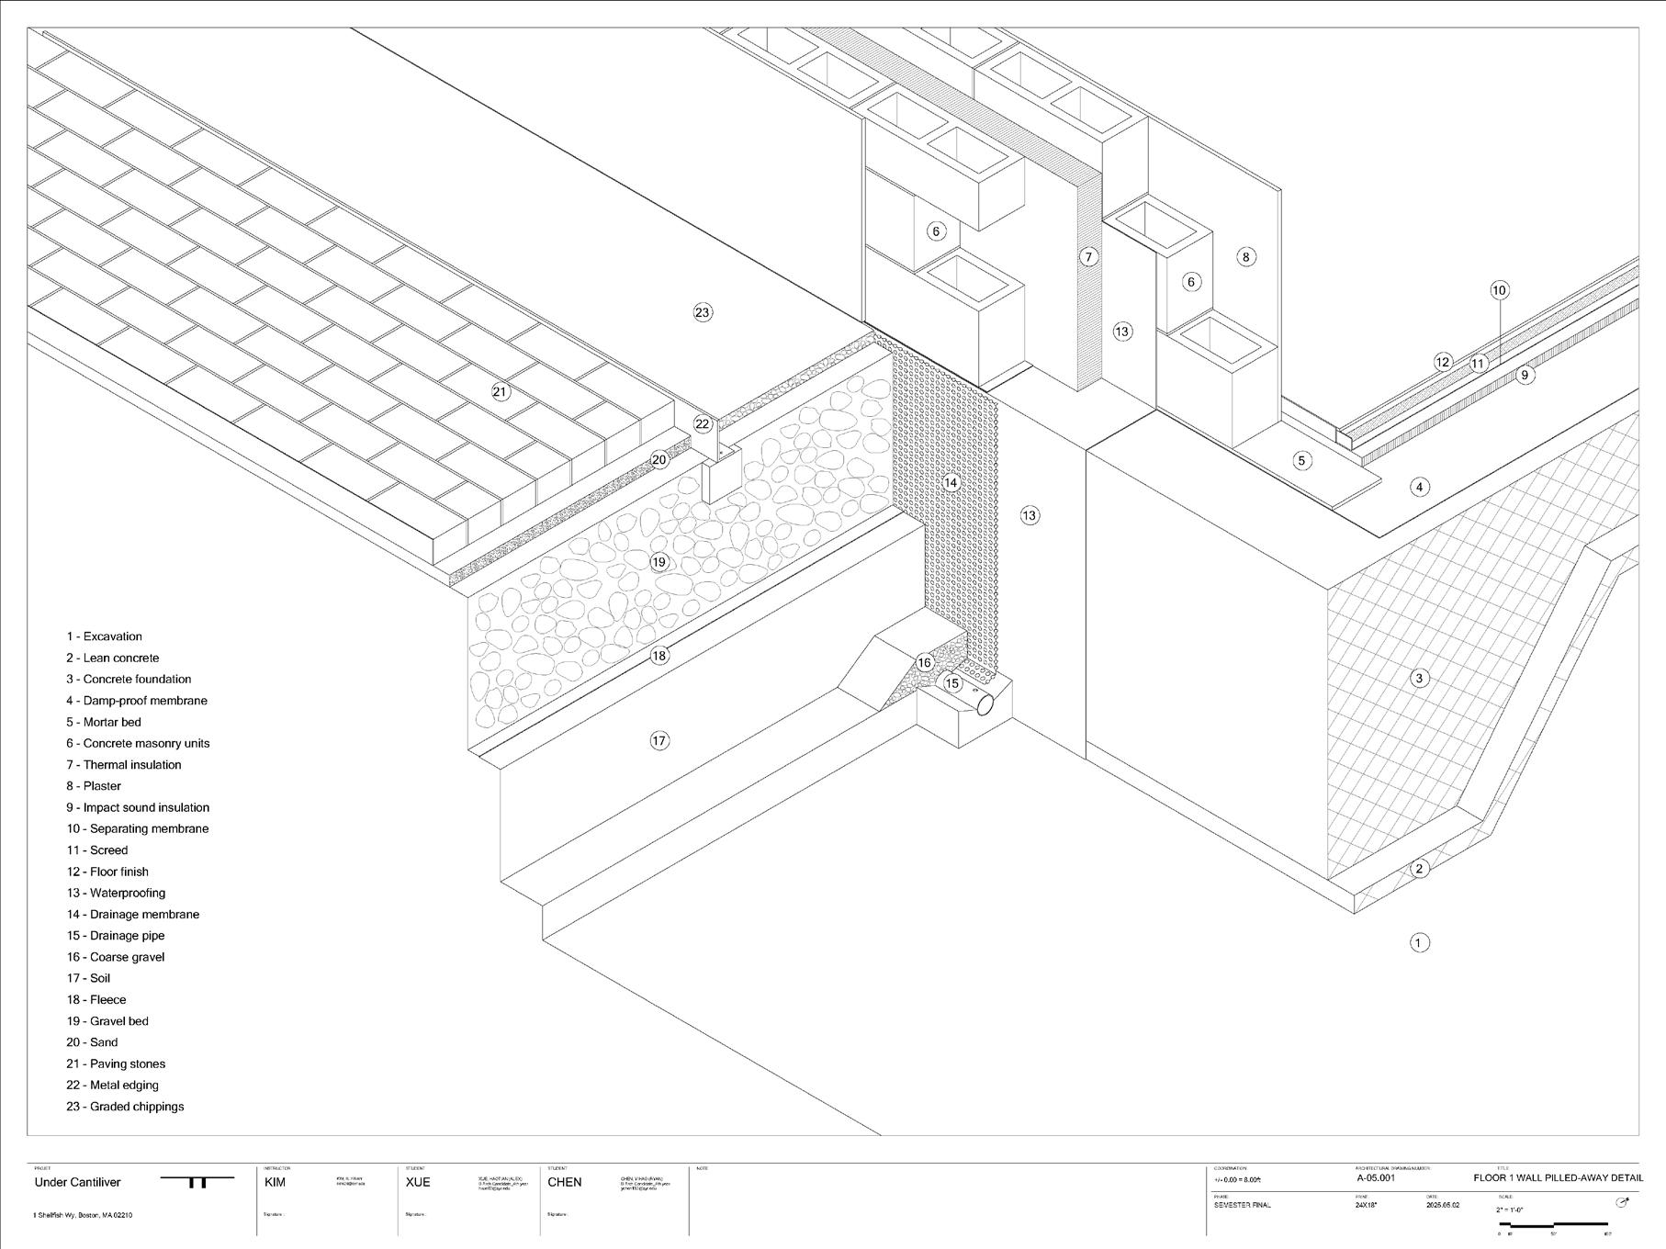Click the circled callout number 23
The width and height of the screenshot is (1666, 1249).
click(703, 312)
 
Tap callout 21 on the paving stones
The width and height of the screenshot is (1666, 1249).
click(500, 392)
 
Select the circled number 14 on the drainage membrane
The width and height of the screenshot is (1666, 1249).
click(951, 483)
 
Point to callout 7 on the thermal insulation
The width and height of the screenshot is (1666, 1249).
click(1088, 257)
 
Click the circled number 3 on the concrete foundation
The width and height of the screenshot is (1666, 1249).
click(1419, 679)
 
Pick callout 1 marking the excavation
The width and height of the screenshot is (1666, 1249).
click(1419, 942)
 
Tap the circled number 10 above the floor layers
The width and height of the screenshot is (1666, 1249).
click(1499, 290)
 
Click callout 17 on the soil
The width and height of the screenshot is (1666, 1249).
click(659, 740)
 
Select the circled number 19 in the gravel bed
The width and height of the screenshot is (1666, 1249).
click(659, 562)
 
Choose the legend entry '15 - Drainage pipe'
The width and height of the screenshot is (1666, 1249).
click(115, 935)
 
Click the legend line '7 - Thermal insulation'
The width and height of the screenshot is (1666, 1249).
click(123, 764)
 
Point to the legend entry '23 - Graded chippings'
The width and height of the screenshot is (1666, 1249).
click(125, 1107)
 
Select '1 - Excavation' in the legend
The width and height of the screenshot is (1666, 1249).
click(104, 636)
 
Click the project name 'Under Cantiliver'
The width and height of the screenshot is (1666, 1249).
click(77, 1182)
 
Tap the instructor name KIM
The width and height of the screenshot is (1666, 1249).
click(275, 1182)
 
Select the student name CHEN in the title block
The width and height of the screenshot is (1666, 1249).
click(564, 1182)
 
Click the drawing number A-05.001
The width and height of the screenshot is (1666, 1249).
click(1375, 1177)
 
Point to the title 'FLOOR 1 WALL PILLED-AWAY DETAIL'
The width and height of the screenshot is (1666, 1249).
click(1558, 1177)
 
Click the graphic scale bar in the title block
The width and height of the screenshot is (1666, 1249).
click(1552, 1224)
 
